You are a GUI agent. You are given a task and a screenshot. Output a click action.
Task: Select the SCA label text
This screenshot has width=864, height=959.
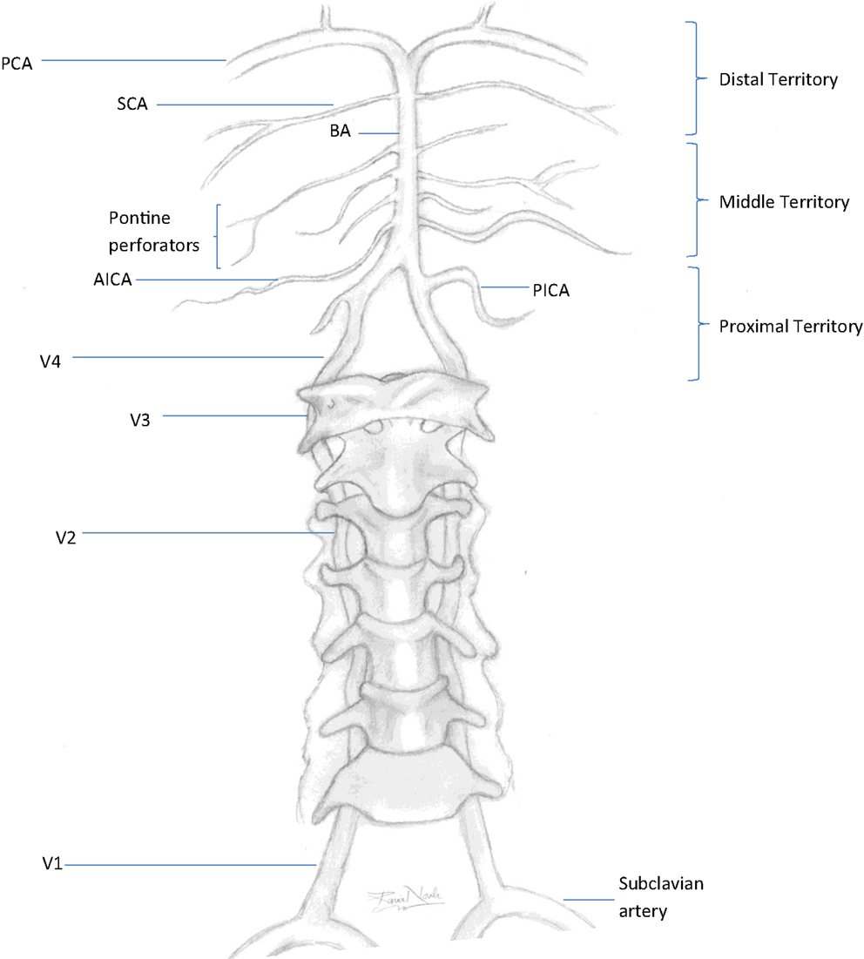(x=133, y=105)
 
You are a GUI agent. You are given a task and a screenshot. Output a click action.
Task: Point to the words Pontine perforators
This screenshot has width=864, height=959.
(x=153, y=231)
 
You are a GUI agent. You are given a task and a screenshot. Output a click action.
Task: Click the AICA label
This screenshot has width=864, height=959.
(x=112, y=280)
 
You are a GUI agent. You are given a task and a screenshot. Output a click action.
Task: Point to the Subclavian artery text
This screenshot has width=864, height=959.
(x=660, y=897)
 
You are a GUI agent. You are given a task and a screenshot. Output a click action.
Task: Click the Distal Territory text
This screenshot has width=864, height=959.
(x=778, y=79)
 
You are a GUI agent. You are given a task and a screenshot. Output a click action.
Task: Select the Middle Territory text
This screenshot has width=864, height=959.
(x=783, y=202)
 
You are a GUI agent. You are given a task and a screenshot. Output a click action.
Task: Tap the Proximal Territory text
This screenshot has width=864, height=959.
(x=790, y=327)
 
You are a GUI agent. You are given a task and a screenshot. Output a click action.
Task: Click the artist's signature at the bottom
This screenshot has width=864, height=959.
(x=406, y=898)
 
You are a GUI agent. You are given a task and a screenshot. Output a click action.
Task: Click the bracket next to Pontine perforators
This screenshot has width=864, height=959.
(x=216, y=236)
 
